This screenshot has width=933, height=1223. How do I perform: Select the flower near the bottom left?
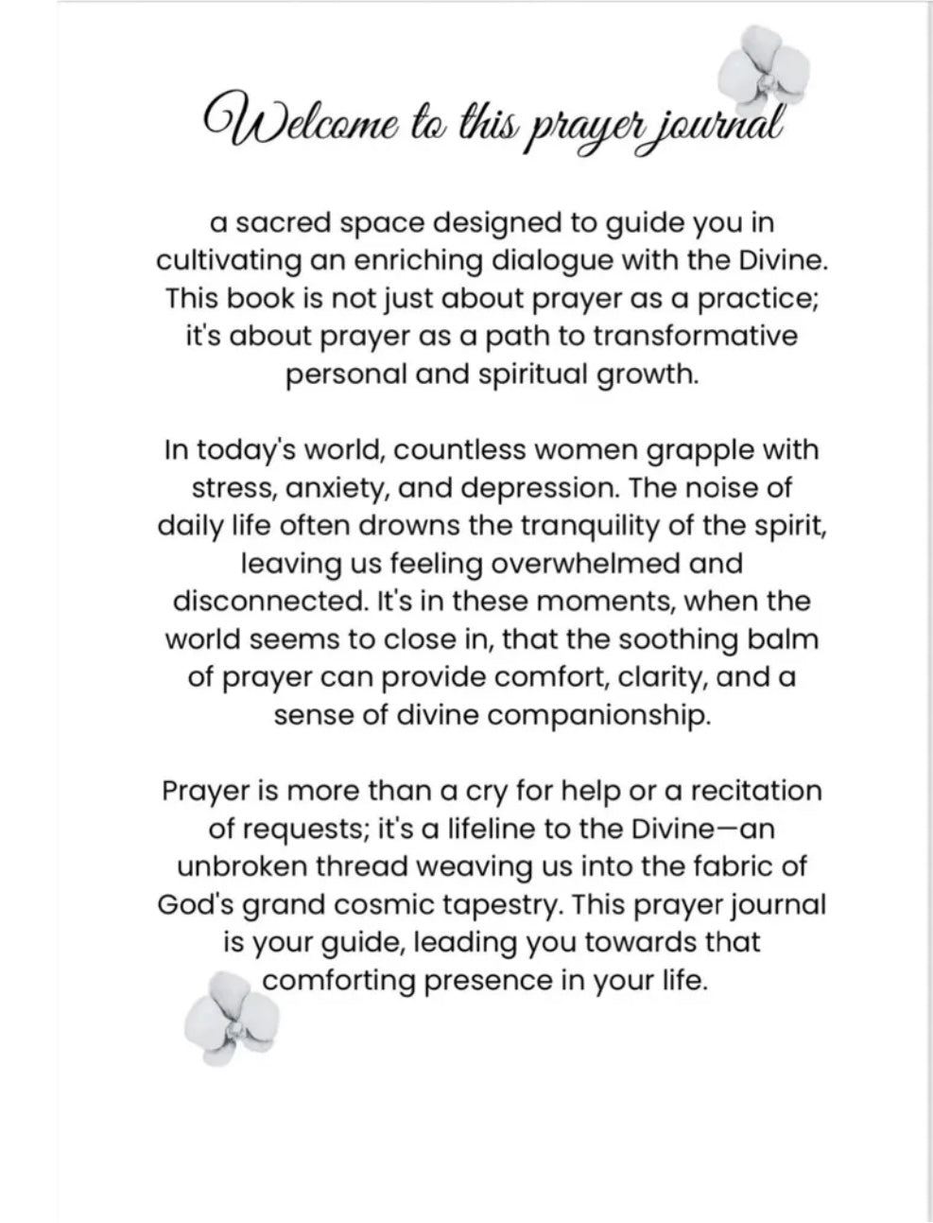pos(233,1017)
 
